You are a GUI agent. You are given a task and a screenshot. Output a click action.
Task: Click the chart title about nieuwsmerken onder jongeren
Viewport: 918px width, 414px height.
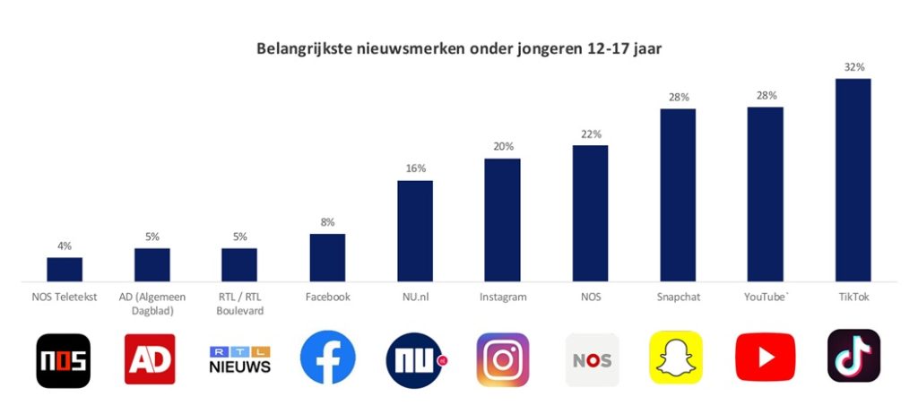459,47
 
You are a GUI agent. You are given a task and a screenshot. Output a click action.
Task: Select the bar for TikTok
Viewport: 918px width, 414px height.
853,179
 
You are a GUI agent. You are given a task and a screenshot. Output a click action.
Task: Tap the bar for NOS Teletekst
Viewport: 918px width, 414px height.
65,269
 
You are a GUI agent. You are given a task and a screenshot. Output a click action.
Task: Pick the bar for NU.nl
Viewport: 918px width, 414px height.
415,230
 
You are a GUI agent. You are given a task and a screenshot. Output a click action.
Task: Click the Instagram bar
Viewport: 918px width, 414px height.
502,220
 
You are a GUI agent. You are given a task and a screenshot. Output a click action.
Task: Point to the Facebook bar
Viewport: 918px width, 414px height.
327,257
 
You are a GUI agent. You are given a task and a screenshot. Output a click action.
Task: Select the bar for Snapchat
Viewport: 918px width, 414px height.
678,194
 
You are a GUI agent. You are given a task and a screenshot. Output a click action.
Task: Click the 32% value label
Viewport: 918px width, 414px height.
853,67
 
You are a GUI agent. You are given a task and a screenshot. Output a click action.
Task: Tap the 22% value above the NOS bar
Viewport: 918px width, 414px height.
590,134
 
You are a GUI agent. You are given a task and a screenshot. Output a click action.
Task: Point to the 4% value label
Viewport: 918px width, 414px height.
65,246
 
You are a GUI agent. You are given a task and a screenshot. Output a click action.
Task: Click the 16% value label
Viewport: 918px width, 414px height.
415,168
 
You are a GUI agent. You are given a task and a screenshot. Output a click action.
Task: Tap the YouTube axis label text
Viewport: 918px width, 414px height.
766,296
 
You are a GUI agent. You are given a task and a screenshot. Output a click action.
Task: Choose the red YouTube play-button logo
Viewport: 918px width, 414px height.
765,358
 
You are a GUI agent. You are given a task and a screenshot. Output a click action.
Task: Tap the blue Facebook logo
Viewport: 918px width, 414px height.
327,358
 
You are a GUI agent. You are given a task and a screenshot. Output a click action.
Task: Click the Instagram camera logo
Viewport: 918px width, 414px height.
502,359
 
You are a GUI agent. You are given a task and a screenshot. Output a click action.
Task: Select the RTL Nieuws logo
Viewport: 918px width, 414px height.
239,359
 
